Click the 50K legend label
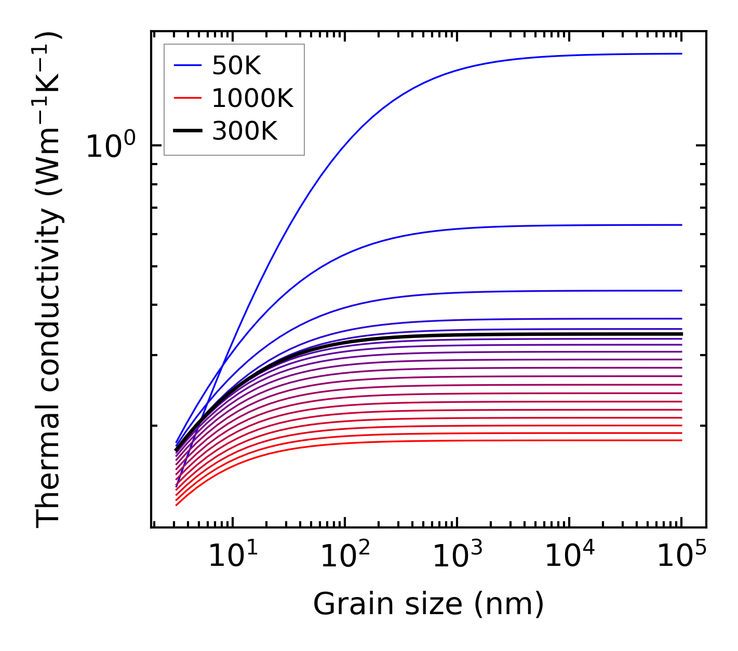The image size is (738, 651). coord(236,65)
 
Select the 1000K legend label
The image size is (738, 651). coord(252,98)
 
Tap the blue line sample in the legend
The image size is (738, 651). coord(187,65)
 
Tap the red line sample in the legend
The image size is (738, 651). coord(187,98)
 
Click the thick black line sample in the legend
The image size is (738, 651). coord(187,131)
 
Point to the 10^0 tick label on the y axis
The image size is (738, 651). coord(111,146)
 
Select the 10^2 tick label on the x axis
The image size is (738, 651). coord(345,557)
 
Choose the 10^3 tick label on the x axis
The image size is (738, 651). coord(457,557)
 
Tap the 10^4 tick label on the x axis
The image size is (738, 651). coord(569,557)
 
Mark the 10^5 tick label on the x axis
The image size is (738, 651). coord(681,557)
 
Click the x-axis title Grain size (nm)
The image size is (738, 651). coord(428,604)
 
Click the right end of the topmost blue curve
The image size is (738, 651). coord(681,53)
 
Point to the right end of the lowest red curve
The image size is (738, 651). coord(681,440)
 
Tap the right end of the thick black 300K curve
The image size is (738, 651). coord(681,334)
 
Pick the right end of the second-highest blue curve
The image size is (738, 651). coord(681,225)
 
